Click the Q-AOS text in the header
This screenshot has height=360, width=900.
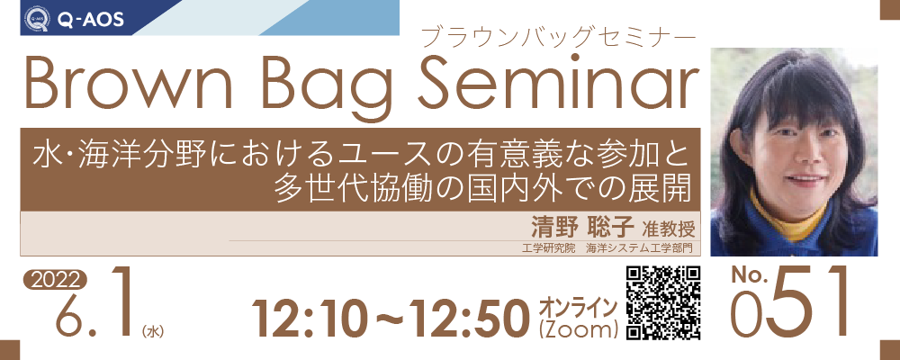(x=89, y=20)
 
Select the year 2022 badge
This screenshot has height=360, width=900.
(x=55, y=280)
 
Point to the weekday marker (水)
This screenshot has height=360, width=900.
(x=151, y=331)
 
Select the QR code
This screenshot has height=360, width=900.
(x=663, y=303)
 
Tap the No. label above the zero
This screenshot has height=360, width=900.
(x=749, y=276)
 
